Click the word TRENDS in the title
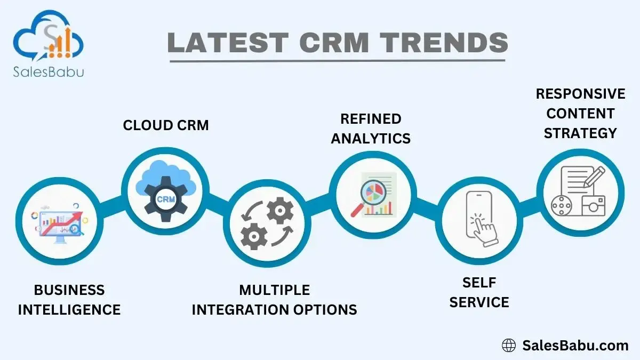click(444, 42)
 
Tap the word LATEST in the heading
click(228, 42)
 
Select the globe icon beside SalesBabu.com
click(509, 346)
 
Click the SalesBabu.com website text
click(575, 346)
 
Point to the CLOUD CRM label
click(166, 125)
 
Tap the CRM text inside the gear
click(166, 199)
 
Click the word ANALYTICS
click(371, 138)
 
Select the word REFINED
click(371, 119)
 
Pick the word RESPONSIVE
click(580, 94)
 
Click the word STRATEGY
click(580, 133)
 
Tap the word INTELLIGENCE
click(69, 310)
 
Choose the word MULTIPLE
click(274, 290)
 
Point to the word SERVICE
click(479, 302)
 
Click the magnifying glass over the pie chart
click(369, 198)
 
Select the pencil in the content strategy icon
click(594, 177)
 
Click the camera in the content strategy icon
click(594, 206)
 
